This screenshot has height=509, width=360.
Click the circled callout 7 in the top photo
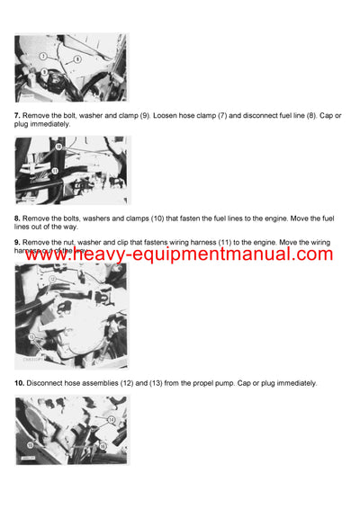pyautogui.click(x=41, y=56)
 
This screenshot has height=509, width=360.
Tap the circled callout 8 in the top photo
pyautogui.click(x=77, y=58)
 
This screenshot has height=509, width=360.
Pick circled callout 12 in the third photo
pyautogui.click(x=52, y=280)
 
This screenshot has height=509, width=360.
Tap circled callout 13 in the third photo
pyautogui.click(x=32, y=336)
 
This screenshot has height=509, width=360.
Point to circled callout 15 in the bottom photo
pyautogui.click(x=30, y=444)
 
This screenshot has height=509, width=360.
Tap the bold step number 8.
pyautogui.click(x=17, y=219)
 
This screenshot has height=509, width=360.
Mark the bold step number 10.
pyautogui.click(x=19, y=383)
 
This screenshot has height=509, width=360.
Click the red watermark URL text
pyautogui.click(x=180, y=254)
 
